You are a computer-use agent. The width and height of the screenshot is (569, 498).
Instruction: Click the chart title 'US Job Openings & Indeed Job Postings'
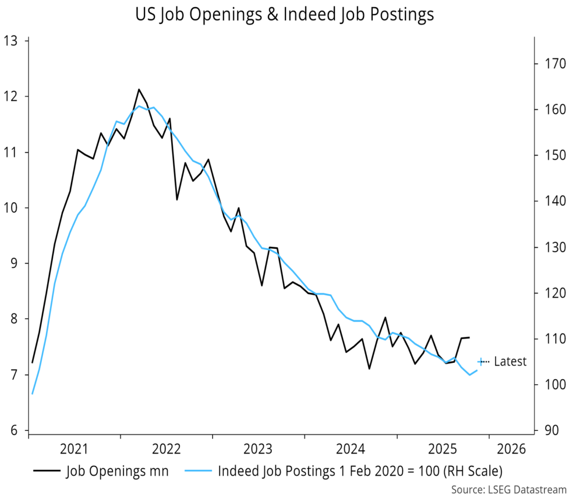(284, 15)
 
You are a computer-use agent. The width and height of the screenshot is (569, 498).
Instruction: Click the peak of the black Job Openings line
(139, 89)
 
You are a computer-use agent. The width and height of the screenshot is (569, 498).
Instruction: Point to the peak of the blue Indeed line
(139, 106)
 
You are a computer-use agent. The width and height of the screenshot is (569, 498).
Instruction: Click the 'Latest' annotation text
(510, 362)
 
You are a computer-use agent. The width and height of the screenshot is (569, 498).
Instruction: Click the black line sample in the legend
(46, 471)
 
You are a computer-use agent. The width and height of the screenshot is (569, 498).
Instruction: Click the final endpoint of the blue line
(477, 370)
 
